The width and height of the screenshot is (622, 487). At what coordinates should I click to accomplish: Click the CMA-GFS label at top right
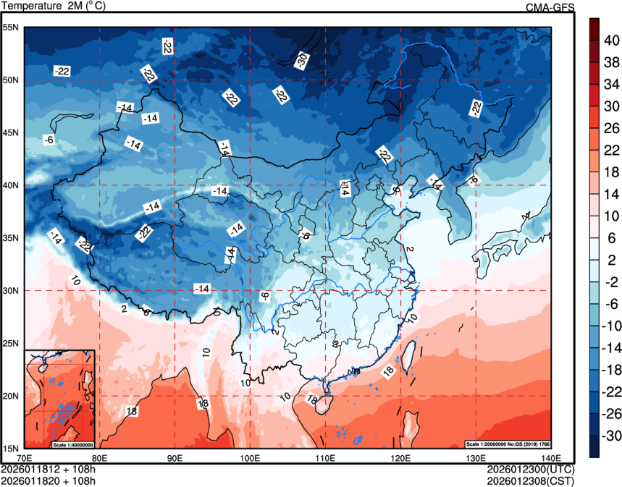click(x=551, y=7)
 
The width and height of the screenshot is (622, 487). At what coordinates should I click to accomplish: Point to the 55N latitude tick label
click(x=12, y=27)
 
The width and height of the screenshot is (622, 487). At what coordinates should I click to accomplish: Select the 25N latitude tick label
click(x=12, y=343)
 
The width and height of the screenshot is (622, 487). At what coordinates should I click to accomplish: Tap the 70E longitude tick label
click(x=25, y=457)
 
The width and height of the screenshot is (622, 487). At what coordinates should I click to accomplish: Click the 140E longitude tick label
click(x=550, y=457)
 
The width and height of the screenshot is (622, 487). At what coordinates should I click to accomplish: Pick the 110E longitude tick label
click(x=325, y=457)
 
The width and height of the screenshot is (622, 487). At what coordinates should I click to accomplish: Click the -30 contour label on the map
click(x=303, y=61)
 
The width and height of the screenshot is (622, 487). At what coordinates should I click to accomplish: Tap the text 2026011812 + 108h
click(x=49, y=469)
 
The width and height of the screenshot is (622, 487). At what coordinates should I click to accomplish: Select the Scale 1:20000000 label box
click(x=503, y=444)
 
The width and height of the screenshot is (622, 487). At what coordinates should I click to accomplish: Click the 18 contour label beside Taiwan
click(x=388, y=370)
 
